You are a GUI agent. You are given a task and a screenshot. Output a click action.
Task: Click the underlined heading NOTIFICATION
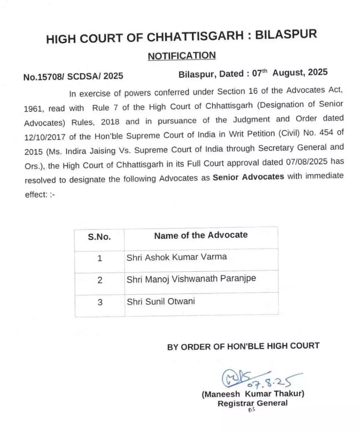click(182, 56)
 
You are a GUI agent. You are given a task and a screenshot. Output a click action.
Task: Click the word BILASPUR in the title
click(286, 35)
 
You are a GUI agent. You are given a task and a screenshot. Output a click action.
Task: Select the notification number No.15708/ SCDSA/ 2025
click(73, 76)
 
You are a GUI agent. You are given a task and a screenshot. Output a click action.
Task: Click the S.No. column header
click(99, 237)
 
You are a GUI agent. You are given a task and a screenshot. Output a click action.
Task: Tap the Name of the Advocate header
click(201, 235)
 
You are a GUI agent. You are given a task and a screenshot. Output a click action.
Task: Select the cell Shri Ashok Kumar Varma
click(176, 257)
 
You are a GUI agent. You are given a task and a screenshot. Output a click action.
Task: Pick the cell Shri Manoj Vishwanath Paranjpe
click(191, 279)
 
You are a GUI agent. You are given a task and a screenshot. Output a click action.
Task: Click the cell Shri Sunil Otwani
click(161, 301)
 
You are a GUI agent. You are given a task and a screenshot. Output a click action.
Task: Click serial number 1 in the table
click(100, 258)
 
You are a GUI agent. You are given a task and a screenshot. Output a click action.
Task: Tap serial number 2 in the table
click(100, 280)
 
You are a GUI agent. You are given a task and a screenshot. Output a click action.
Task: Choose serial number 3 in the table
click(100, 302)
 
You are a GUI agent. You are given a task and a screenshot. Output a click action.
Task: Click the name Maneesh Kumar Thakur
click(253, 394)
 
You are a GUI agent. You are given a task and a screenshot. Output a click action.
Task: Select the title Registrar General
click(252, 403)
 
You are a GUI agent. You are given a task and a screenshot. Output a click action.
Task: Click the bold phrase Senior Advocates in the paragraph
click(248, 177)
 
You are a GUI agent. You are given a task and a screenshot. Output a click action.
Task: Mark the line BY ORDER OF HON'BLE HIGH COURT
click(243, 346)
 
